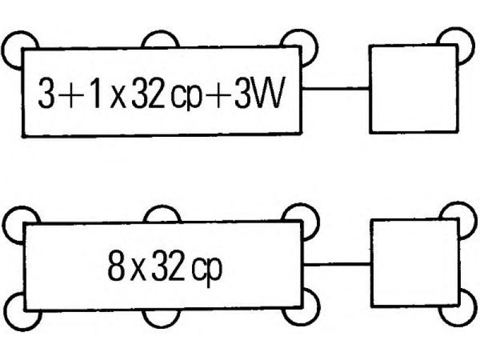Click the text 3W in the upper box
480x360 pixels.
257,93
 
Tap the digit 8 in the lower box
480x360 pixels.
116,265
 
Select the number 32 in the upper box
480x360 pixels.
148,93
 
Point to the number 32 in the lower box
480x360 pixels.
168,265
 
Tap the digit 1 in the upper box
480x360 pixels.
95,93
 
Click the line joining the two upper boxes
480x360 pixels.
336,89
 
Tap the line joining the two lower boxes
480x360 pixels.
337,264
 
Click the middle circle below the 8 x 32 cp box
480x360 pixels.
161,326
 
